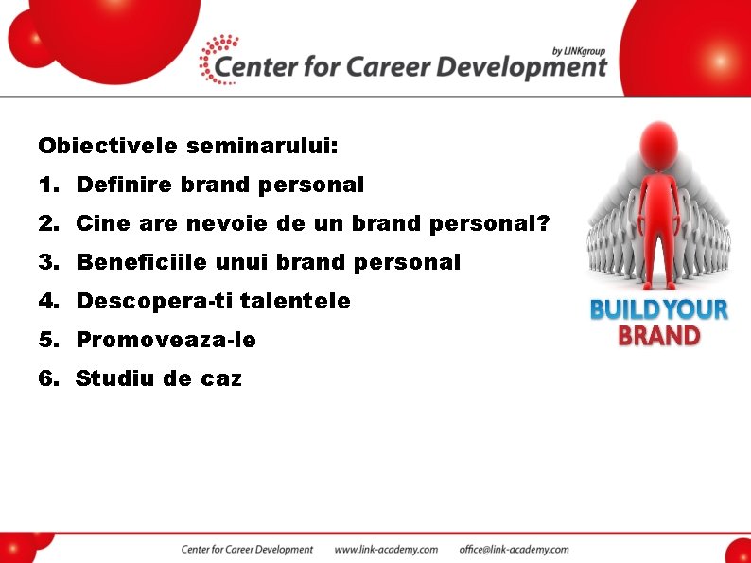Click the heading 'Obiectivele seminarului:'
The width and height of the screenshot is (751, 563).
click(x=187, y=147)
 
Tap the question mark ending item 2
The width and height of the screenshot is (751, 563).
click(x=543, y=224)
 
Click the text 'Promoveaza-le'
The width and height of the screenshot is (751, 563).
click(x=166, y=340)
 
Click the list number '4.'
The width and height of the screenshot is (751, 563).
click(x=49, y=302)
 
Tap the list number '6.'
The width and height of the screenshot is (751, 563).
click(x=49, y=379)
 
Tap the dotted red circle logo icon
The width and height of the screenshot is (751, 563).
click(x=218, y=59)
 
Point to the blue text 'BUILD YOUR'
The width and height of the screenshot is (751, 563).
click(x=658, y=309)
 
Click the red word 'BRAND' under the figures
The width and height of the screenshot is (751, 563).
click(x=658, y=336)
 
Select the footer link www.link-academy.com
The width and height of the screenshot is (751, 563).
click(x=386, y=549)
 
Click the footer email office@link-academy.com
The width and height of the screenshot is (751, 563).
click(x=514, y=549)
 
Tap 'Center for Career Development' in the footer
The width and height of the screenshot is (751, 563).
click(x=247, y=549)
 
